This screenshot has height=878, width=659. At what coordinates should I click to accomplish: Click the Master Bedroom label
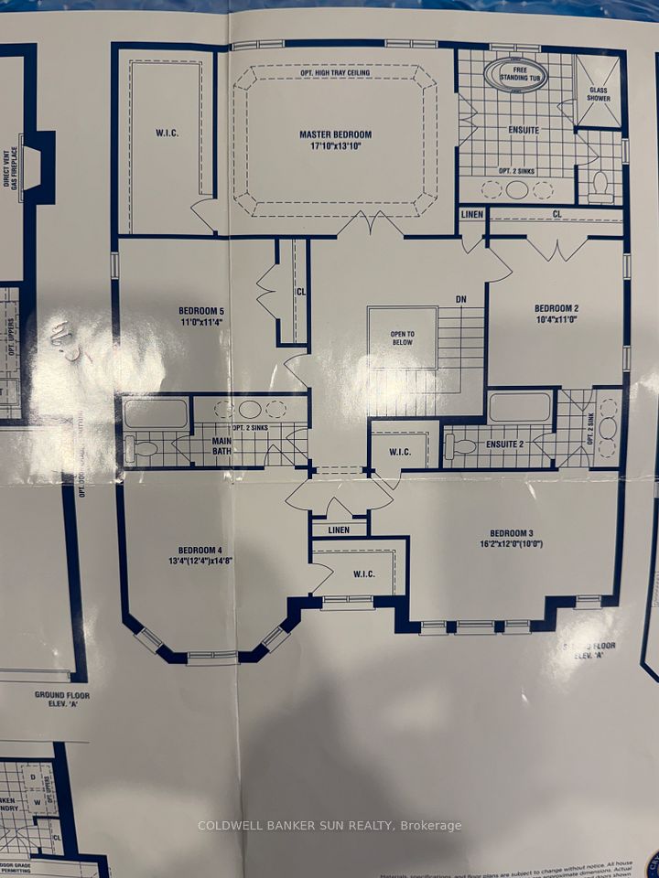pos(336,140)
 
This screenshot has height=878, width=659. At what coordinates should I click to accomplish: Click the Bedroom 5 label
pos(201,316)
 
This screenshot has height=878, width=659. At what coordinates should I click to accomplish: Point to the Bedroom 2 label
pos(557,313)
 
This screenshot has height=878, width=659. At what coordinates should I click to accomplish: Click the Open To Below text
pos(401,339)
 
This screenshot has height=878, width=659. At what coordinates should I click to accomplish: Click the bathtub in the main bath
pos(156,413)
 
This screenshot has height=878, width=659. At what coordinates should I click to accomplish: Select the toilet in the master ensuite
pos(601,187)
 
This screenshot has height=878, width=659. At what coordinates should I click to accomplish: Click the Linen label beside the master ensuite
pos(471,215)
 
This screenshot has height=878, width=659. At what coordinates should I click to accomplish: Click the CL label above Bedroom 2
pos(556,214)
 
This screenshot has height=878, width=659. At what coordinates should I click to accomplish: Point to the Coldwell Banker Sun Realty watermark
pos(329,826)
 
